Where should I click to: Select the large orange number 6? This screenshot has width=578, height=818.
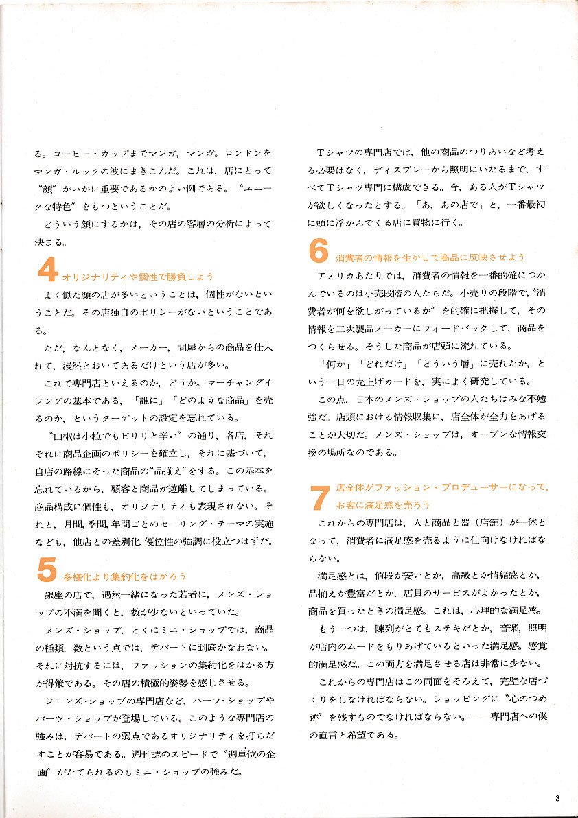pos(319,253)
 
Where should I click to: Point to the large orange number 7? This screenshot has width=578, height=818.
pos(320,498)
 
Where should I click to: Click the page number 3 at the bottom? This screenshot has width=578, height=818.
pos(558,797)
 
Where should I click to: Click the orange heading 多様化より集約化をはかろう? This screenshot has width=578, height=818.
pos(125,576)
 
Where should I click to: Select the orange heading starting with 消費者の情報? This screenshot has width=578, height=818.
pos(430,257)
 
